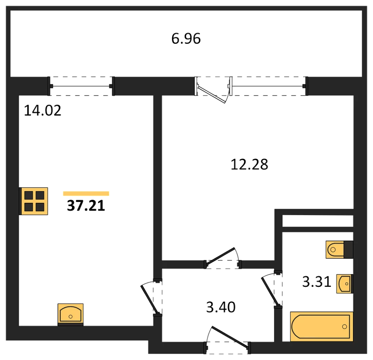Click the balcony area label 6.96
click(186, 38)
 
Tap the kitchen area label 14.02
click(43, 111)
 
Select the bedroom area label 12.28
click(249, 165)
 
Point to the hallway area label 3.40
click(221, 307)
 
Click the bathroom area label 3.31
click(317, 282)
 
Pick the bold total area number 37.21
click(86, 206)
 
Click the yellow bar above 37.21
click(86, 193)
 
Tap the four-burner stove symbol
click(34, 201)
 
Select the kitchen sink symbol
click(70, 314)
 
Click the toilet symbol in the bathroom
click(339, 249)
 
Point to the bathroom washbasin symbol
click(345, 283)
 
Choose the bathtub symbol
click(322, 326)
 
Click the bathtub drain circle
click(344, 327)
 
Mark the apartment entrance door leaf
click(230, 337)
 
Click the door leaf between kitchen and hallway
click(149, 299)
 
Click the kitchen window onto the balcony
click(81, 86)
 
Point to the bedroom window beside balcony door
click(269, 86)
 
